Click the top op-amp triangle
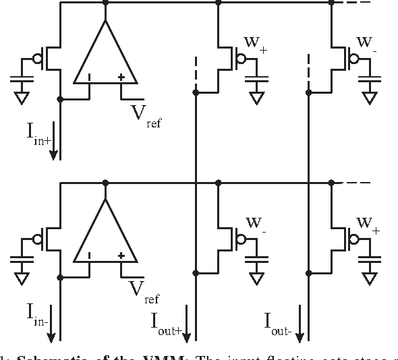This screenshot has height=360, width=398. (105, 57)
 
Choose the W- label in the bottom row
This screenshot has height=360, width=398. (254, 224)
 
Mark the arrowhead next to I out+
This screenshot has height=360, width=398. (188, 336)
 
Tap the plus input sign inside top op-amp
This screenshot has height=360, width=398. (121, 78)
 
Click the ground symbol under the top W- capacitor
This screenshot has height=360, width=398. (368, 98)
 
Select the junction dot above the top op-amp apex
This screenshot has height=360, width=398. (105, 2)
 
